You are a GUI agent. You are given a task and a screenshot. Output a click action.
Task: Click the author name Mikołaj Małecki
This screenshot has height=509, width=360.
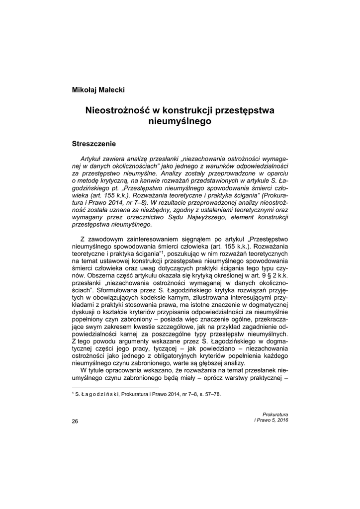click(x=98, y=89)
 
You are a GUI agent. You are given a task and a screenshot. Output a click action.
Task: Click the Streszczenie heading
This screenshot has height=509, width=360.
click(x=94, y=144)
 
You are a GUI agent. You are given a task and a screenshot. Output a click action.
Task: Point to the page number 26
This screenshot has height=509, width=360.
click(x=75, y=422)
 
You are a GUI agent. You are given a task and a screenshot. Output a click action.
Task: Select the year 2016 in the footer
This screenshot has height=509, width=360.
click(x=282, y=420)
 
